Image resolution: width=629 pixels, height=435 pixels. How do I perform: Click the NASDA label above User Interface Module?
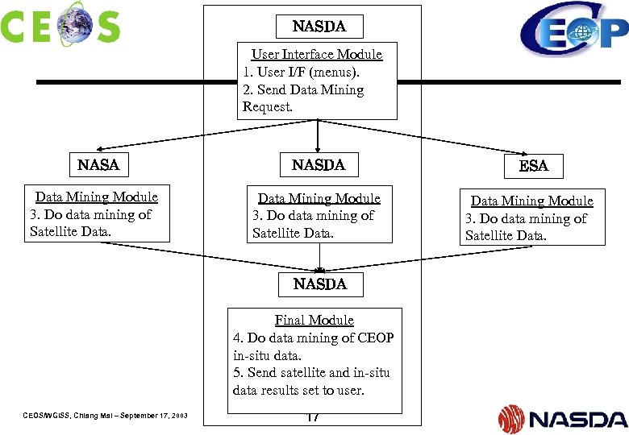319,27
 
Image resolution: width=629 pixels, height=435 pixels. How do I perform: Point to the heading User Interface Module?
317,55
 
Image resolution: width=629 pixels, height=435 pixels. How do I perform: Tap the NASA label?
98,165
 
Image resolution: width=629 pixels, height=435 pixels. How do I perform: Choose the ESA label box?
533,166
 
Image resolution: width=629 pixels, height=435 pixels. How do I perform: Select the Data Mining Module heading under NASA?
97,197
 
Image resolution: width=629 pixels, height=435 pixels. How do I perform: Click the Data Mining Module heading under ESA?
531,201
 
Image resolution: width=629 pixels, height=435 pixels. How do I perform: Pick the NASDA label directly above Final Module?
319,284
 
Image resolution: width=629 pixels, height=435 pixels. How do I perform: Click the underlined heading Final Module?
314,320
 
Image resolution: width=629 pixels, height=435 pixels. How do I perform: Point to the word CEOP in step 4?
375,338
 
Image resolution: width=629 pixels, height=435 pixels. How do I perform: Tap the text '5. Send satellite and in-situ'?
311,372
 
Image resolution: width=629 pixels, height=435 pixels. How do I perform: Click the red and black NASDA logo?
562,418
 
